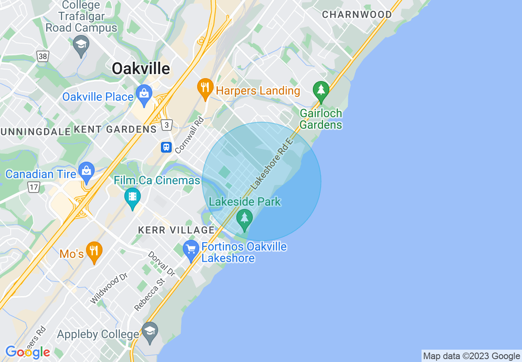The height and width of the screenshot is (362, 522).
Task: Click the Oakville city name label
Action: click(141, 69)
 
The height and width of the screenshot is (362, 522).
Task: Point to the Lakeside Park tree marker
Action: click(245, 218)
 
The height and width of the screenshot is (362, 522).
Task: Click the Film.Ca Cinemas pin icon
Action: click(132, 197)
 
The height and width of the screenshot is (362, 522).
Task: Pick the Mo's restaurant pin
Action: click(94, 251)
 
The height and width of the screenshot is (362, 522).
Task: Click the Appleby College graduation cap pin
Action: click(149, 331)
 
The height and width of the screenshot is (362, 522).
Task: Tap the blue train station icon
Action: click(166, 147)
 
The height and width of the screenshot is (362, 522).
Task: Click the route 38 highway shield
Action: click(43, 56)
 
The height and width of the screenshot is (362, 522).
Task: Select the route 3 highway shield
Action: click(166, 125)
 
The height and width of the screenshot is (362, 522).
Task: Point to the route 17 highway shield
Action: click(34, 188)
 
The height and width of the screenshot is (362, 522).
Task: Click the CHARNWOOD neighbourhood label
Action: click(357, 15)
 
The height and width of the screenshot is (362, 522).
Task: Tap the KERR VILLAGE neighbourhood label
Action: click(176, 230)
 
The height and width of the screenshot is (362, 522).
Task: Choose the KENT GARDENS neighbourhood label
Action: click(115, 130)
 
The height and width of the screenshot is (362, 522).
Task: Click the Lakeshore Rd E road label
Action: click(271, 164)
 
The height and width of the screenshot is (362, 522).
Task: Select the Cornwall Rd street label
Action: click(189, 135)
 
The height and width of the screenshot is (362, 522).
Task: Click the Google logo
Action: click(28, 352)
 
